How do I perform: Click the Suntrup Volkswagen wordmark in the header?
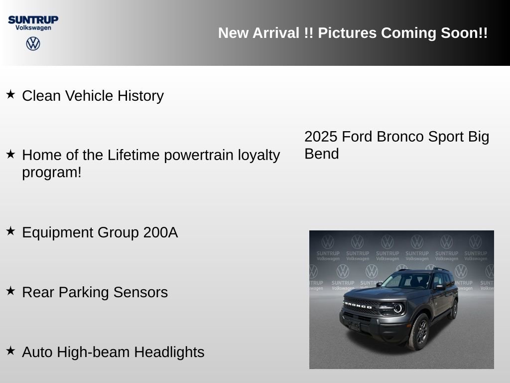pyautogui.click(x=33, y=22)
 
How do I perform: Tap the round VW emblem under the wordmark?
pyautogui.click(x=33, y=44)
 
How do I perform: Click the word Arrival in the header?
pyautogui.click(x=277, y=33)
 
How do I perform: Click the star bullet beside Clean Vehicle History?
pyautogui.click(x=10, y=94)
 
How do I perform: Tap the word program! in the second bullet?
pyautogui.click(x=51, y=173)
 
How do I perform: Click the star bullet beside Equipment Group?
pyautogui.click(x=10, y=230)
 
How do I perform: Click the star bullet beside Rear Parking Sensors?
pyautogui.click(x=10, y=290)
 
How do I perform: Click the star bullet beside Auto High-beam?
pyautogui.click(x=10, y=350)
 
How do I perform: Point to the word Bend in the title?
pyautogui.click(x=321, y=154)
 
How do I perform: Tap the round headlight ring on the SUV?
pyautogui.click(x=397, y=308)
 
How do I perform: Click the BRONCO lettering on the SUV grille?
pyautogui.click(x=358, y=305)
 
